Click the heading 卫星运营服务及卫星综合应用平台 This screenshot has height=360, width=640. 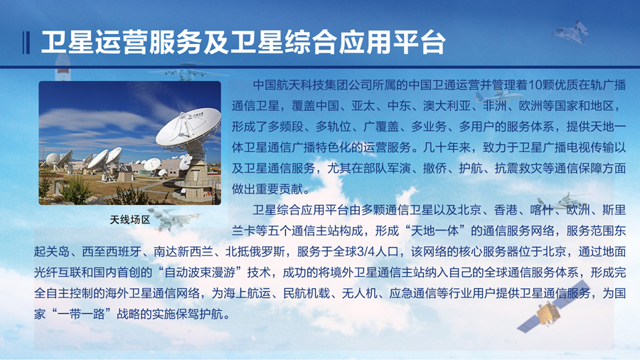click(x=243, y=43)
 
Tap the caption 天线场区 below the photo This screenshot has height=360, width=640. click(x=130, y=220)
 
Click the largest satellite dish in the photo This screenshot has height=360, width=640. click(x=188, y=127)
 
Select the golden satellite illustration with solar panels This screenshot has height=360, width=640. click(x=553, y=307)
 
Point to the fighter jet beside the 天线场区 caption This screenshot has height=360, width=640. click(x=173, y=218)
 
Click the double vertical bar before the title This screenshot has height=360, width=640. click(x=26, y=43)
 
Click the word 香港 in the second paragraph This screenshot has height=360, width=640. click(x=506, y=210)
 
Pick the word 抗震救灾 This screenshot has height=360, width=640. click(x=518, y=168)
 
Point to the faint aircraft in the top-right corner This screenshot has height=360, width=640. click(x=572, y=32)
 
